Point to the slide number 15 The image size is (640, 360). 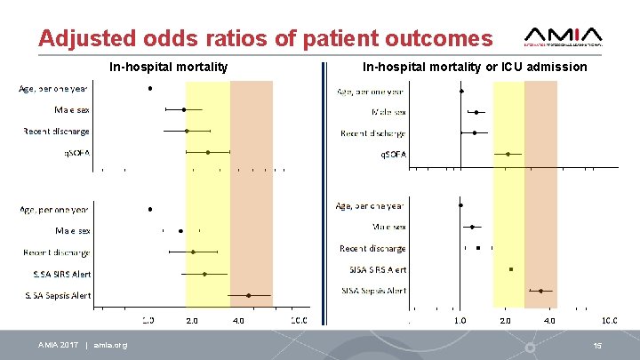(598, 345)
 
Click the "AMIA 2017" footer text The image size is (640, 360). (58, 345)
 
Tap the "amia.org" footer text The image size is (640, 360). (110, 345)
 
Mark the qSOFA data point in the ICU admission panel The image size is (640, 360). (508, 154)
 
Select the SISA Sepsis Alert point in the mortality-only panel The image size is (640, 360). (248, 295)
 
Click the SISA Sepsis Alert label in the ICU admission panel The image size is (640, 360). (373, 291)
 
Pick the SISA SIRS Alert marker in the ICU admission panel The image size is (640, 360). (511, 269)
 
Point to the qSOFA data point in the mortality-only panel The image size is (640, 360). (208, 152)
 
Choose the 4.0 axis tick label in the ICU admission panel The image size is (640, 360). (550, 320)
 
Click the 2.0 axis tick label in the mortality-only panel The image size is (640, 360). (191, 320)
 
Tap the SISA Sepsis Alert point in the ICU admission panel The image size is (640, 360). (540, 291)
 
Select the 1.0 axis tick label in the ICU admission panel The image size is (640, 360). (460, 320)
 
